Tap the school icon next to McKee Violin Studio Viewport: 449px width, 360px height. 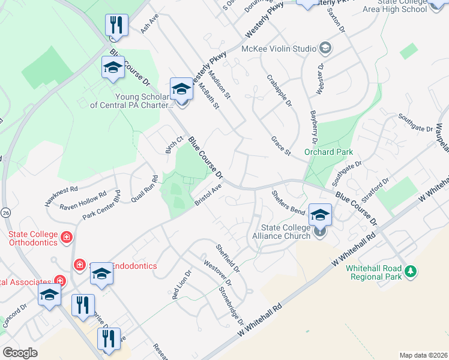325,47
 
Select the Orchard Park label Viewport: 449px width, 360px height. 328,152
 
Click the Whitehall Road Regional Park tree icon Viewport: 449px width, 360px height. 411,271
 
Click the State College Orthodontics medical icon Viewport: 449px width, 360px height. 66,238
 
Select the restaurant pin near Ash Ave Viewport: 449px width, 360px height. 114,25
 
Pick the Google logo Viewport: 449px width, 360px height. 20,353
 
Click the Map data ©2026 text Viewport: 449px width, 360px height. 423,355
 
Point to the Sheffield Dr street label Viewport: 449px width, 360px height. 228,256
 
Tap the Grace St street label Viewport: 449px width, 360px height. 280,146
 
